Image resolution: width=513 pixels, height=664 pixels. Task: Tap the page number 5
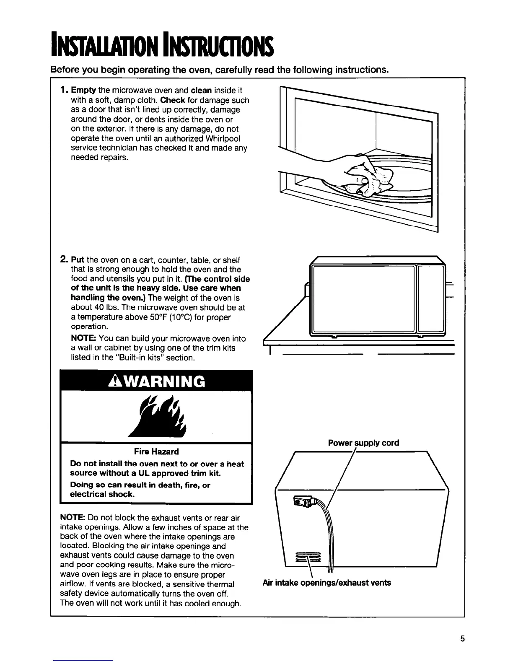coord(462,639)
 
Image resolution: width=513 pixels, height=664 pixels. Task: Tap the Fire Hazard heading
coord(156,451)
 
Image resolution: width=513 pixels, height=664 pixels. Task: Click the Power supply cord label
coord(363,443)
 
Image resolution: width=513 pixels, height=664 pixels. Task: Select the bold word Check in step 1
coord(173,100)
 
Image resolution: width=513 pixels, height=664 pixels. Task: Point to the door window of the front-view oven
coord(363,298)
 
